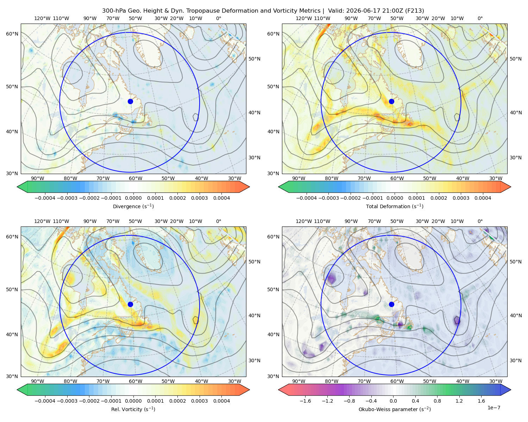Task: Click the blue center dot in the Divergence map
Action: (x=130, y=101)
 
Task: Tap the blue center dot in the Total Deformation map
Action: (x=391, y=101)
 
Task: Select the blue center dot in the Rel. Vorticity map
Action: (x=130, y=304)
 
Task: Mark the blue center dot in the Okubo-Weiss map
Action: (x=391, y=304)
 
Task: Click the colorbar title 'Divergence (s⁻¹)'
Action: (x=133, y=206)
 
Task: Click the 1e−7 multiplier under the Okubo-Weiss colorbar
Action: (x=494, y=408)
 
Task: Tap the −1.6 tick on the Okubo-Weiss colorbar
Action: (x=306, y=401)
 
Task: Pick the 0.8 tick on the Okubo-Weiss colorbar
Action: (x=437, y=401)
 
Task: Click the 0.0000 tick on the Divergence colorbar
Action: (x=133, y=198)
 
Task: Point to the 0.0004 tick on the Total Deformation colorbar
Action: (x=483, y=198)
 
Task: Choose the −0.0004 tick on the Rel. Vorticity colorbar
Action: (x=45, y=401)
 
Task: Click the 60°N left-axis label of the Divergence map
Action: (x=12, y=34)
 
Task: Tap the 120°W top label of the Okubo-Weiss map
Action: (x=304, y=221)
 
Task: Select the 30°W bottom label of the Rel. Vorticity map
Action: (x=234, y=381)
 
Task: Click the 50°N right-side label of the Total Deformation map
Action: (x=516, y=59)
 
